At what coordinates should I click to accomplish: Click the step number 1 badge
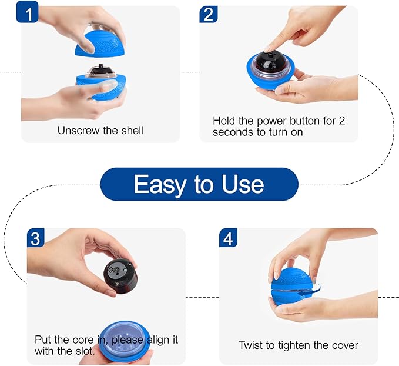(28, 12)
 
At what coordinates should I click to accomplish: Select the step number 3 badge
(36, 238)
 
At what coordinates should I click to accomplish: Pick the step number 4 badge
(228, 238)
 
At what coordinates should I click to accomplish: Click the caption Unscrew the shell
(99, 130)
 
